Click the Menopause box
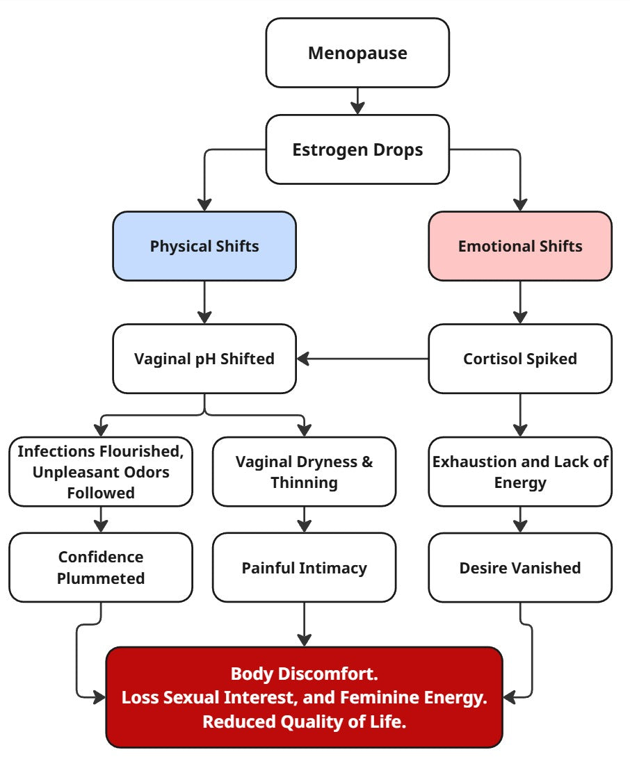pyautogui.click(x=357, y=53)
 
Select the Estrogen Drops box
pyautogui.click(x=357, y=149)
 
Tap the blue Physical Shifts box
pyautogui.click(x=204, y=246)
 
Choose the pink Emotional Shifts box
pyautogui.click(x=520, y=246)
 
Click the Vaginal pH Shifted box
pyautogui.click(x=204, y=359)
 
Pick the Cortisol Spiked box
pyautogui.click(x=520, y=359)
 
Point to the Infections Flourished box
pyautogui.click(x=101, y=471)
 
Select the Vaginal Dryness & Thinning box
pyautogui.click(x=304, y=471)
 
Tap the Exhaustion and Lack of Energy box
pyautogui.click(x=520, y=471)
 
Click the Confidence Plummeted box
pyautogui.click(x=101, y=567)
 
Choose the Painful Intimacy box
pyautogui.click(x=304, y=567)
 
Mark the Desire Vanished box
pyautogui.click(x=520, y=567)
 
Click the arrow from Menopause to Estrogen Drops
pyautogui.click(x=357, y=101)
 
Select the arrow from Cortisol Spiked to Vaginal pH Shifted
pyautogui.click(x=362, y=359)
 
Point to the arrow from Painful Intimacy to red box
pyautogui.click(x=304, y=624)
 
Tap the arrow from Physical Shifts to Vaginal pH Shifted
pyautogui.click(x=204, y=302)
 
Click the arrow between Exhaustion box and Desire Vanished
pyautogui.click(x=520, y=519)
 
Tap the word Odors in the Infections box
pyautogui.click(x=145, y=472)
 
